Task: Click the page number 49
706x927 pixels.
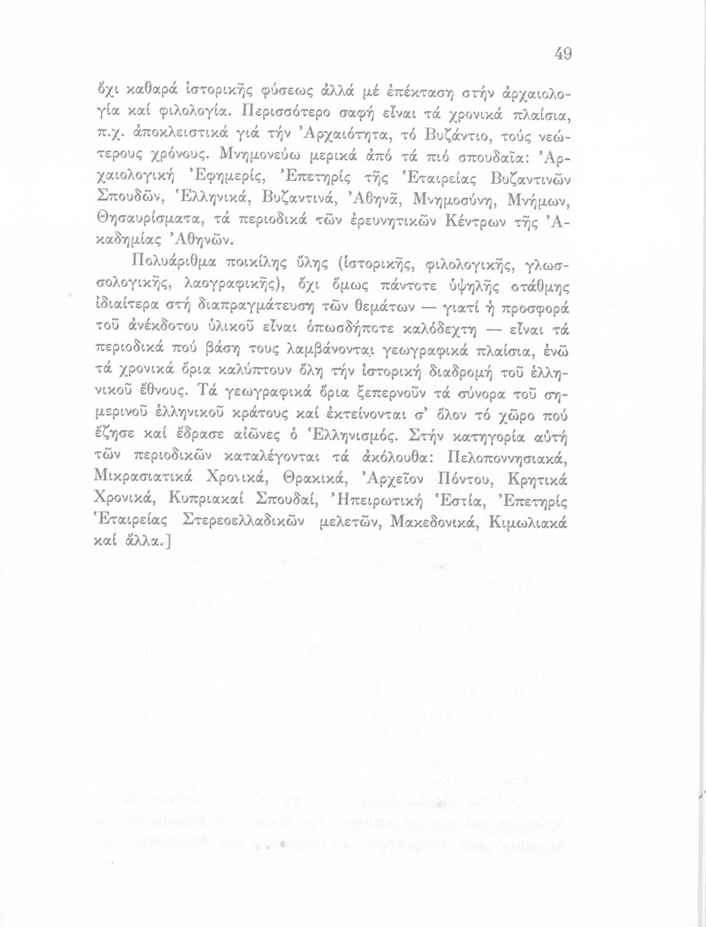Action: tap(563, 54)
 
